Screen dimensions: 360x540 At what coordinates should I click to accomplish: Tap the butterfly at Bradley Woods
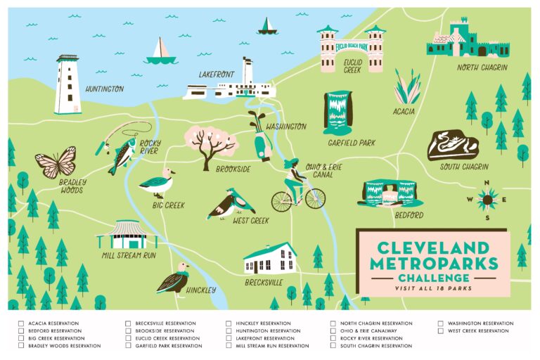coord(56,162)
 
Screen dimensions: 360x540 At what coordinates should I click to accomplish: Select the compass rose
coord(487,199)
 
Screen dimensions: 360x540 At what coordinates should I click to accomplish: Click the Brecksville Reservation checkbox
coord(128,323)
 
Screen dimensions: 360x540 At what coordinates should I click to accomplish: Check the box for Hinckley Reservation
coord(229,323)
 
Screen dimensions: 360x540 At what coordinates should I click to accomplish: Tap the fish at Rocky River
coord(123,154)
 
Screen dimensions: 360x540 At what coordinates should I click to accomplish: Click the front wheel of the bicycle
coord(314,199)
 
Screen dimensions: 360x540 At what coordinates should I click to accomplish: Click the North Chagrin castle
coord(468,39)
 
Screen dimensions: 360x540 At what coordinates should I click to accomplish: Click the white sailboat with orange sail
coord(160,52)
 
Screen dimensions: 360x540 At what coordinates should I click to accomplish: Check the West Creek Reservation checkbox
coord(440,331)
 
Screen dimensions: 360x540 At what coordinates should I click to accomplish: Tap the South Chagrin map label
coord(463,167)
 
